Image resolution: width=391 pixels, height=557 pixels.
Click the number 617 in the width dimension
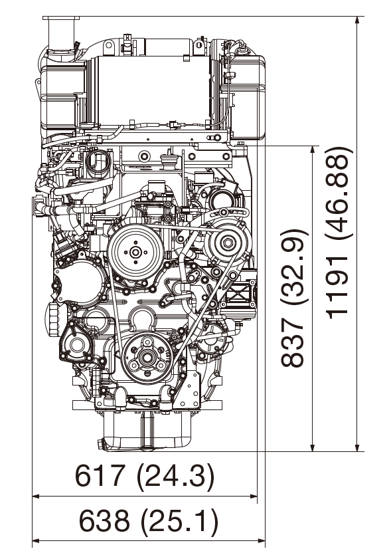tap(100, 476)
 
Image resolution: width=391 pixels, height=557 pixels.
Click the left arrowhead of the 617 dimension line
tap(37, 496)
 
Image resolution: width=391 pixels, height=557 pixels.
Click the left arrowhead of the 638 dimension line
tap(37, 540)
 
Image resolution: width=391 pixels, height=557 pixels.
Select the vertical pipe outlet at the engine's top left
tap(58, 30)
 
